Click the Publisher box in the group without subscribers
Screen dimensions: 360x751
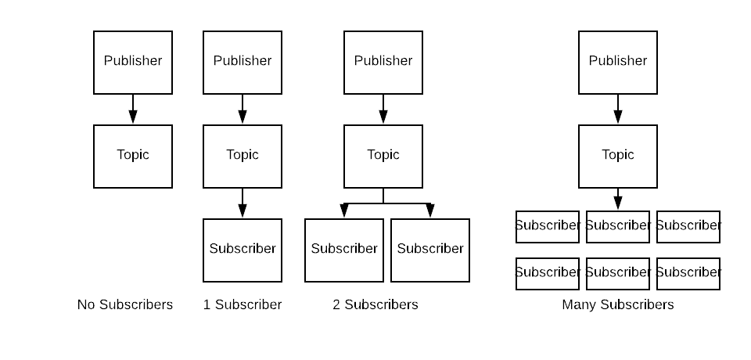click(133, 63)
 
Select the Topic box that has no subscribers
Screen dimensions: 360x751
click(133, 157)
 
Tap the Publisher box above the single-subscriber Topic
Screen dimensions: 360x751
click(243, 63)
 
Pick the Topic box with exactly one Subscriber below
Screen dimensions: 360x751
click(243, 157)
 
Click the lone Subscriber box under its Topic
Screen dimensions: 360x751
click(243, 250)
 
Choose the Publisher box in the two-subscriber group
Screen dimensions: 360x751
click(383, 63)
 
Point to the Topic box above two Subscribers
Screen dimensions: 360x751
click(383, 157)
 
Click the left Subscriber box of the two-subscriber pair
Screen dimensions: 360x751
click(344, 250)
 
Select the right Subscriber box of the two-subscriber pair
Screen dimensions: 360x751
click(430, 250)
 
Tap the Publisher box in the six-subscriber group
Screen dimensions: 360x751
click(618, 63)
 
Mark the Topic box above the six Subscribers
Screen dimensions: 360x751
click(618, 157)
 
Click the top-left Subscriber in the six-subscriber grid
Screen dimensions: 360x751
click(548, 227)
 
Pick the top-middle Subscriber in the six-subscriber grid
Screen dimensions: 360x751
click(618, 227)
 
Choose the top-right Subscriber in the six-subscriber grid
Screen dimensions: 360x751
click(688, 227)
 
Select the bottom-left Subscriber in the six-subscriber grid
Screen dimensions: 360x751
click(548, 274)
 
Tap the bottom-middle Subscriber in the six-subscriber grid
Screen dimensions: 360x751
click(618, 274)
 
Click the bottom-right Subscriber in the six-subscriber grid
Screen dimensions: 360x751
click(688, 274)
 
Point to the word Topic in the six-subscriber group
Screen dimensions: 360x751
click(618, 155)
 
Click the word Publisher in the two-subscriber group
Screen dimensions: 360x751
click(383, 61)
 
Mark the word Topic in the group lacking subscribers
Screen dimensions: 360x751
click(133, 155)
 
